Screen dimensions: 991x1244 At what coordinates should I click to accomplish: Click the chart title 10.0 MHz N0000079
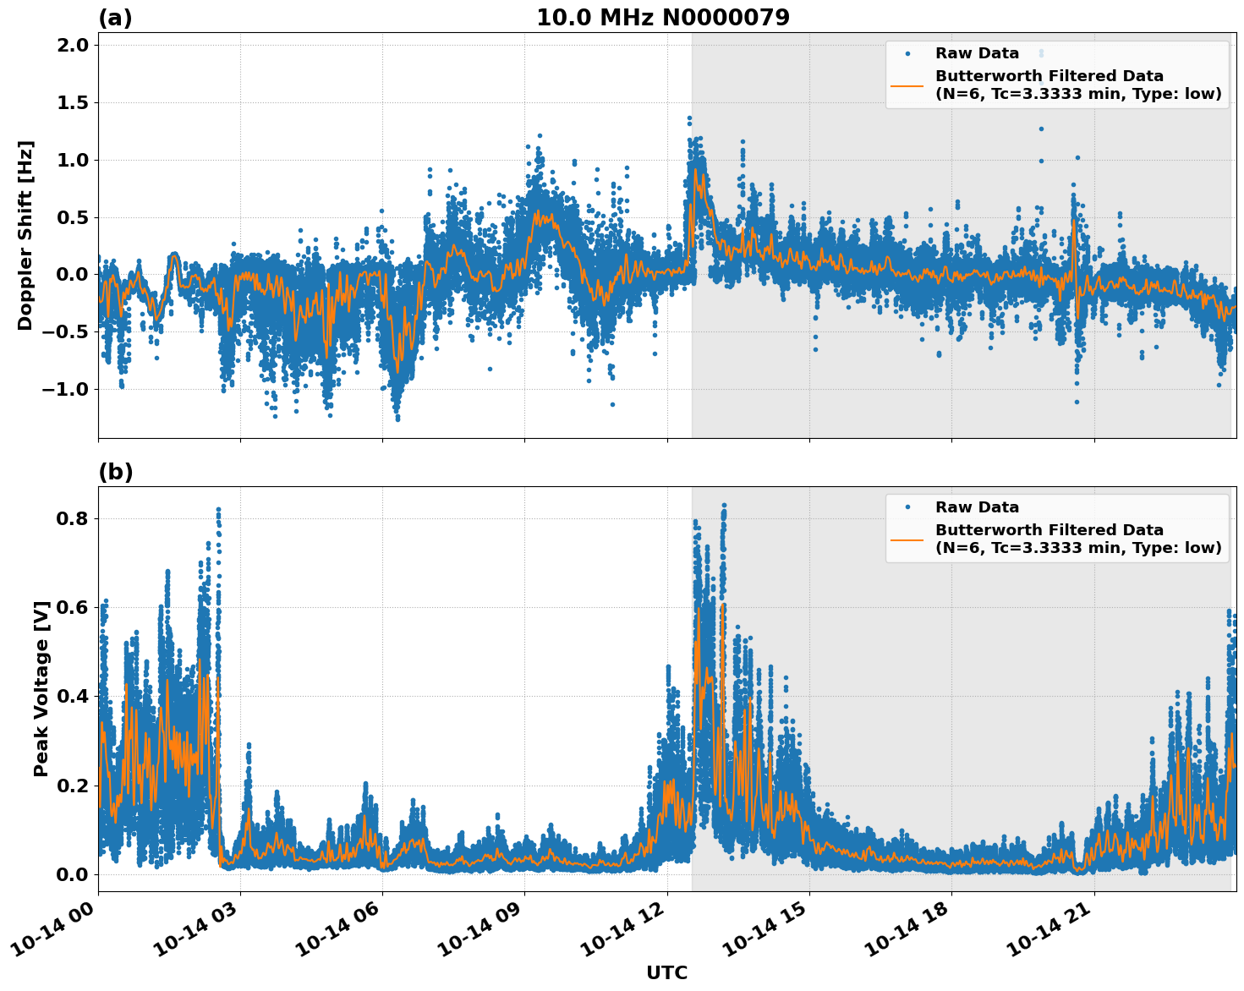[x=663, y=18]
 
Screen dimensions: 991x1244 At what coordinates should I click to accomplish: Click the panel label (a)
[x=115, y=18]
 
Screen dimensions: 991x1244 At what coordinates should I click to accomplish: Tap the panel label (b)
[x=115, y=472]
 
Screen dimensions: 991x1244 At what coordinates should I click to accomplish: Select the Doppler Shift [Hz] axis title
[x=25, y=235]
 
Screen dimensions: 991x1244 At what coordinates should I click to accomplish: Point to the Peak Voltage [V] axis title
[x=41, y=688]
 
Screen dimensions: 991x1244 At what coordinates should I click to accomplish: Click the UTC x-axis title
[x=666, y=972]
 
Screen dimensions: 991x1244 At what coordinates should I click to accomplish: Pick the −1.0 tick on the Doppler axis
[x=66, y=389]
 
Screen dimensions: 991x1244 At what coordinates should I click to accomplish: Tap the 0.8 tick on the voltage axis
[x=71, y=518]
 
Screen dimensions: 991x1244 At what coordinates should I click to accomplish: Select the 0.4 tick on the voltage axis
[x=71, y=696]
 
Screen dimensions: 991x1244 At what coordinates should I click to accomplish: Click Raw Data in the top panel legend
[x=977, y=53]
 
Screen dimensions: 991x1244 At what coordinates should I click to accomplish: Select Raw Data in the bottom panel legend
[x=977, y=507]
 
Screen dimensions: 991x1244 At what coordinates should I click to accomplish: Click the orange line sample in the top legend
[x=907, y=85]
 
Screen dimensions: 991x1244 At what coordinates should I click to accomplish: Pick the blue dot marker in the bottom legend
[x=907, y=507]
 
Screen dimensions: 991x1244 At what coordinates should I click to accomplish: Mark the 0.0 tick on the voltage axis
[x=71, y=874]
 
